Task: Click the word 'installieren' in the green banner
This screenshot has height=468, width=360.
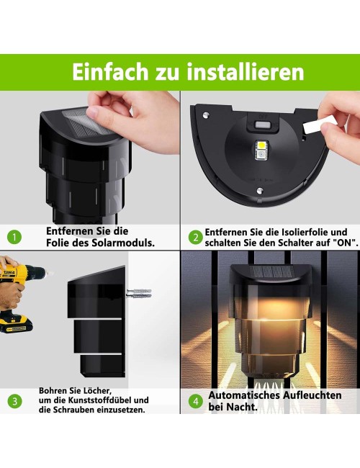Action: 246,72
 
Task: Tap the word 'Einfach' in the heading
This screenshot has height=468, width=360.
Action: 110,72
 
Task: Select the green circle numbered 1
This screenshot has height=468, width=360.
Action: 14,237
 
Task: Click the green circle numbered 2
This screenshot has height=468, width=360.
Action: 196,238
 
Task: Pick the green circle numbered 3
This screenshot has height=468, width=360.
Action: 14,401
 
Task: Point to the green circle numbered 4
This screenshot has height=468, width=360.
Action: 196,401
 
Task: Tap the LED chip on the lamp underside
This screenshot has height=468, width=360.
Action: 262,149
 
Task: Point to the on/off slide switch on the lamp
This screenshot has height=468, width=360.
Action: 262,125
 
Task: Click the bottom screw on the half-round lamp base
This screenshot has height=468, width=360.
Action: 259,190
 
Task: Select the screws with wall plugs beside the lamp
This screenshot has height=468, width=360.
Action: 139,293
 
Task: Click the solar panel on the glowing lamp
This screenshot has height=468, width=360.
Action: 271,271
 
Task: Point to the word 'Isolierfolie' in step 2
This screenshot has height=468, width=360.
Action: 304,232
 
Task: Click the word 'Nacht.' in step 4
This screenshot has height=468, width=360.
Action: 242,407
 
